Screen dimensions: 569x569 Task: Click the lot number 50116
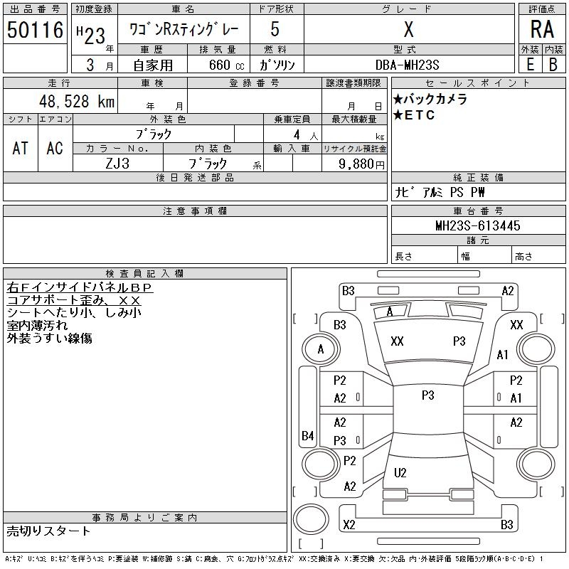tap(36, 31)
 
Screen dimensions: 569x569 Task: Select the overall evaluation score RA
tap(542, 31)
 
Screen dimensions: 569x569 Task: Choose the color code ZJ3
tap(117, 163)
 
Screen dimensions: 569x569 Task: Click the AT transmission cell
tap(21, 148)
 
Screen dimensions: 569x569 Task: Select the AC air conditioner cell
tap(55, 148)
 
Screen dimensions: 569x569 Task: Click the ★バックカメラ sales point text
tap(430, 100)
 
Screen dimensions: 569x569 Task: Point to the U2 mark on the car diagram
tap(400, 473)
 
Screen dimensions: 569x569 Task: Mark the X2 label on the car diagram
tap(349, 525)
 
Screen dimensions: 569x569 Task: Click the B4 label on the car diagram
tap(307, 435)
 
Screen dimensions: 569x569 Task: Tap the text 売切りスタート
tap(49, 531)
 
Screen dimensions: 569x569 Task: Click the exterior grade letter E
tap(530, 65)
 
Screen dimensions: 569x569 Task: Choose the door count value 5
tap(275, 31)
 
